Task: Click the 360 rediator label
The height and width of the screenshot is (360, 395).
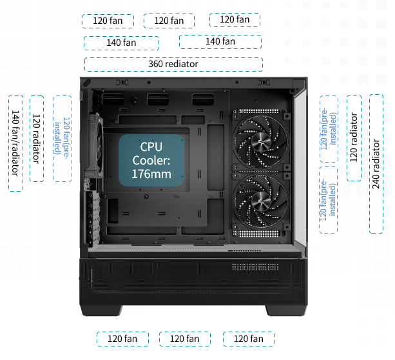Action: pyautogui.click(x=173, y=64)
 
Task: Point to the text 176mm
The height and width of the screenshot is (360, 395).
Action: pyautogui.click(x=151, y=174)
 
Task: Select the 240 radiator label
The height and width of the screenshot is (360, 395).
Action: pyautogui.click(x=376, y=163)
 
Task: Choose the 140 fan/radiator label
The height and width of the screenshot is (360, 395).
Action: pyautogui.click(x=15, y=143)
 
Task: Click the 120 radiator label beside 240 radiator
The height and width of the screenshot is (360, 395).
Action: pyautogui.click(x=354, y=137)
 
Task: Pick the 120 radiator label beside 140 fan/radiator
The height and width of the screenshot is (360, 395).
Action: pyautogui.click(x=37, y=139)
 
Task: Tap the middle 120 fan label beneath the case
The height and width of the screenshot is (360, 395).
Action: pyautogui.click(x=184, y=339)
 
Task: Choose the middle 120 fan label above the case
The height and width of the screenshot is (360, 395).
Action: pyautogui.click(x=169, y=21)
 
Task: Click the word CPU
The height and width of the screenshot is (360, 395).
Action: pyautogui.click(x=151, y=147)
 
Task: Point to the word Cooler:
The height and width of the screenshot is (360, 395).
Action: pyautogui.click(x=151, y=161)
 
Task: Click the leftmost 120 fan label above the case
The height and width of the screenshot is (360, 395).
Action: pyautogui.click(x=108, y=21)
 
